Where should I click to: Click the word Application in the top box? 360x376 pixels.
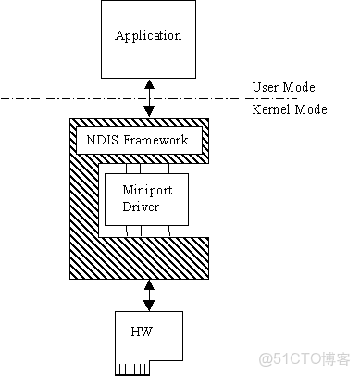148,36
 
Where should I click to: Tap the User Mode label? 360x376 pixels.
283,87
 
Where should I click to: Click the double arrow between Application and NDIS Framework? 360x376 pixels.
149,97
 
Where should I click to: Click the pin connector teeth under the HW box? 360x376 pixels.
137,370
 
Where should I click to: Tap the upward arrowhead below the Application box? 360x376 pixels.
149,83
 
